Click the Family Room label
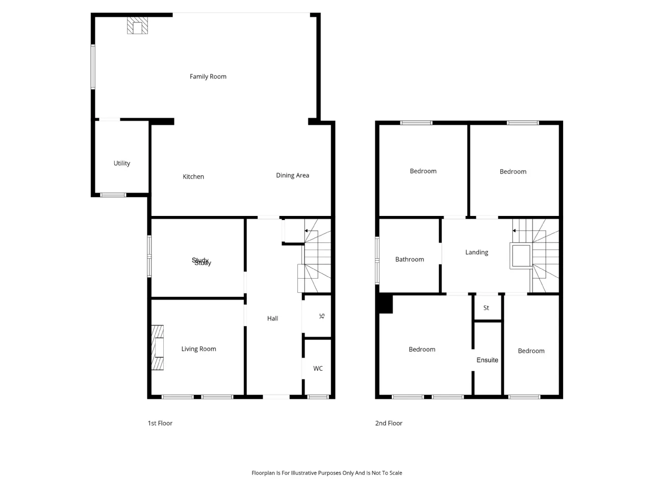pyautogui.click(x=208, y=76)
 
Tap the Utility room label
pyautogui.click(x=122, y=163)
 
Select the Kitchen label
pyautogui.click(x=193, y=177)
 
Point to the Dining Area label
pyautogui.click(x=292, y=175)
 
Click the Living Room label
pyautogui.click(x=199, y=349)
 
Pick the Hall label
pyautogui.click(x=272, y=318)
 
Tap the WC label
pyautogui.click(x=318, y=368)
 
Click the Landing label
pyautogui.click(x=476, y=252)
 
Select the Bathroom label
pyautogui.click(x=409, y=259)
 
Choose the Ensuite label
pyautogui.click(x=487, y=360)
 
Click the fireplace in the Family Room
pyautogui.click(x=137, y=25)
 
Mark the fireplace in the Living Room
pyautogui.click(x=157, y=347)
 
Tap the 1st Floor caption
pyautogui.click(x=160, y=423)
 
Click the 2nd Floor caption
pyautogui.click(x=389, y=423)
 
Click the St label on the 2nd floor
pyautogui.click(x=486, y=308)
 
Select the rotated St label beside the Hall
pyautogui.click(x=321, y=316)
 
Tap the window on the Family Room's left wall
pyautogui.click(x=93, y=67)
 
